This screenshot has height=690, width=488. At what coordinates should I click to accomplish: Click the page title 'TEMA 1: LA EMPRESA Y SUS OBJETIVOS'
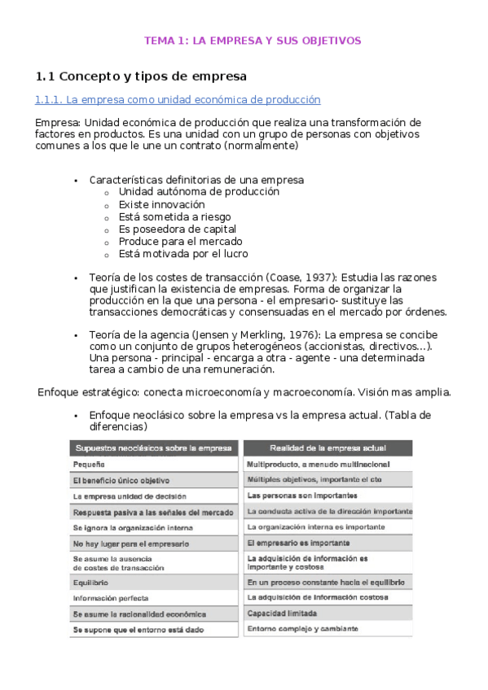click(253, 40)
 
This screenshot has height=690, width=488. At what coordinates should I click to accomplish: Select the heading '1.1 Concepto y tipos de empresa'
click(141, 76)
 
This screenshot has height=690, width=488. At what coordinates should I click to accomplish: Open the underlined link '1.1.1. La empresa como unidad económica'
click(178, 100)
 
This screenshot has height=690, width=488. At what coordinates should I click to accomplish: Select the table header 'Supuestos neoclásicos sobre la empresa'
click(154, 448)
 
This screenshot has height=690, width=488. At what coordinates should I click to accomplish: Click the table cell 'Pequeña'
click(89, 464)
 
